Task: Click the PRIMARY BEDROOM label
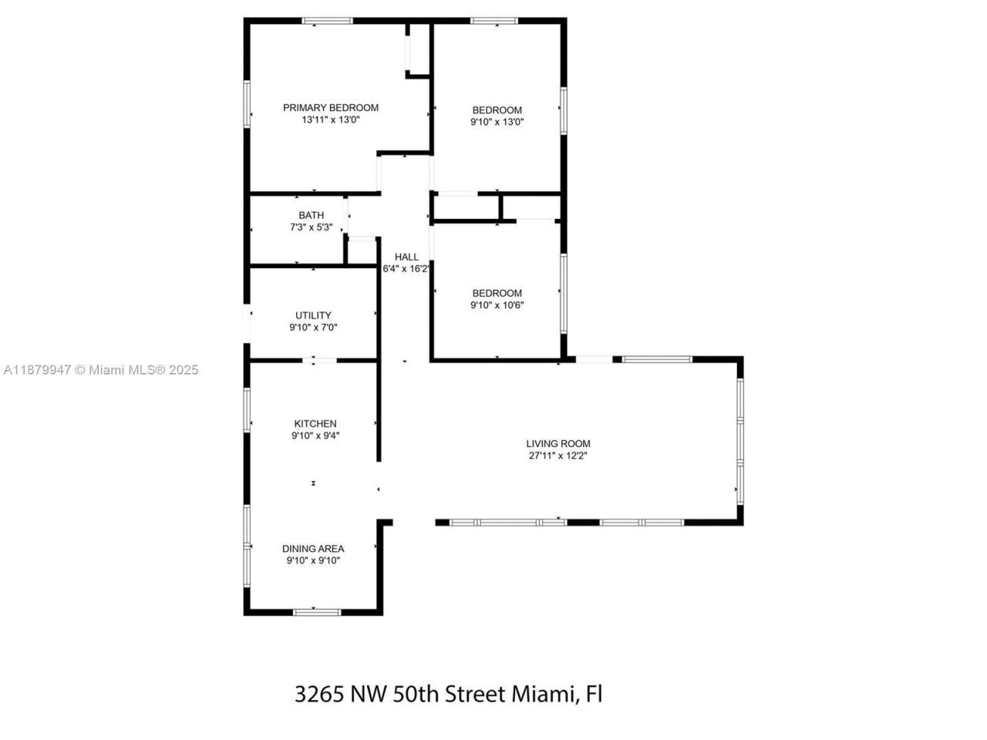coord(331,108)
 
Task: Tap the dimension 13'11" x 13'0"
coord(331,120)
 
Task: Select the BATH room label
coord(312,215)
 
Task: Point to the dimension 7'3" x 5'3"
coord(312,227)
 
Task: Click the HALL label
coord(406,257)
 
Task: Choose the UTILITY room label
coord(313,315)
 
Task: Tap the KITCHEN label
coord(315,423)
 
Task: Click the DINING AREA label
coord(313,549)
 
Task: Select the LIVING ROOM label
coord(558,443)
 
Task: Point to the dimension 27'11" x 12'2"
coord(558,456)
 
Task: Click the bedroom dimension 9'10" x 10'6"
coord(497,305)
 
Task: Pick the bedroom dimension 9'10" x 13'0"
coord(497,122)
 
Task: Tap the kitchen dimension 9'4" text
coord(315,436)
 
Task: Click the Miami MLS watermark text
coord(101,370)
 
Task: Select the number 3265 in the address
coord(319,694)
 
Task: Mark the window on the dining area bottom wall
coord(316,612)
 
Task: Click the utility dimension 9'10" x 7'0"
coord(313,328)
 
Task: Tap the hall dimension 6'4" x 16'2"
coord(406,269)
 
